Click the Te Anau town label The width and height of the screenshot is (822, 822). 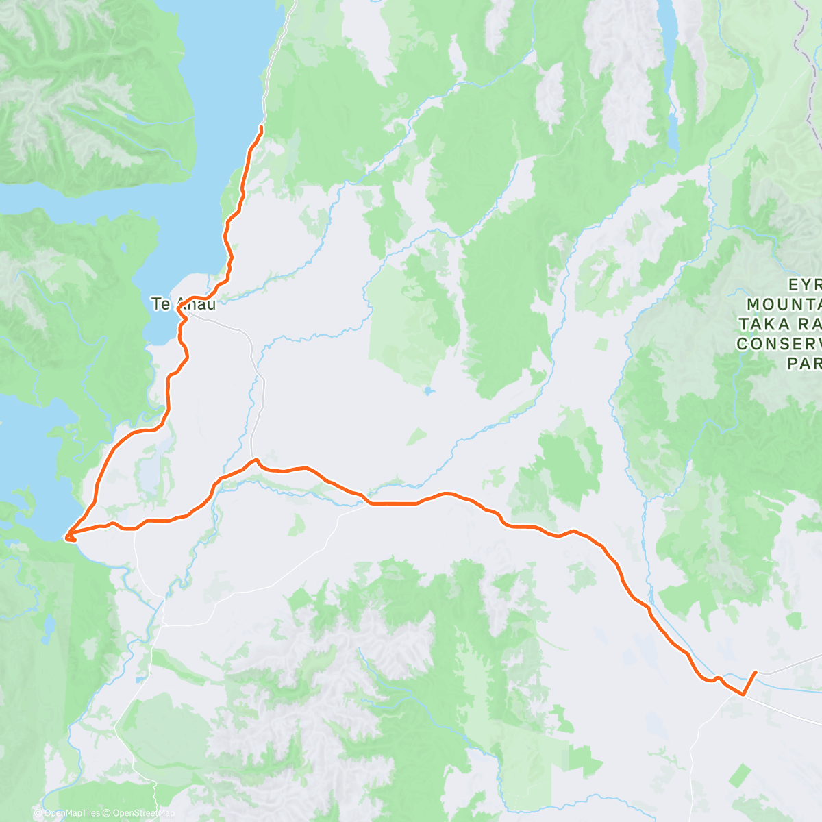[183, 304]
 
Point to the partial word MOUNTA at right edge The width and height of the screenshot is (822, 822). [784, 304]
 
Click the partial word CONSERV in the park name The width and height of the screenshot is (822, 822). [779, 344]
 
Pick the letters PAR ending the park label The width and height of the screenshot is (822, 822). [804, 364]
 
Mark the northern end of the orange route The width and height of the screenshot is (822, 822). [262, 127]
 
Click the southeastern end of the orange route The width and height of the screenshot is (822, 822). [756, 673]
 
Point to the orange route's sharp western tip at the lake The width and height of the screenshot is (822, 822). [66, 534]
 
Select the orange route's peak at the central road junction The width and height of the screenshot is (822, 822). [255, 460]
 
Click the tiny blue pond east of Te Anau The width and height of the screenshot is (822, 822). [428, 391]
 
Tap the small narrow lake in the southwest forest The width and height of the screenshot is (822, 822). [49, 625]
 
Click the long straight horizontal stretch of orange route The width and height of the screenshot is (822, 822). [394, 504]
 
